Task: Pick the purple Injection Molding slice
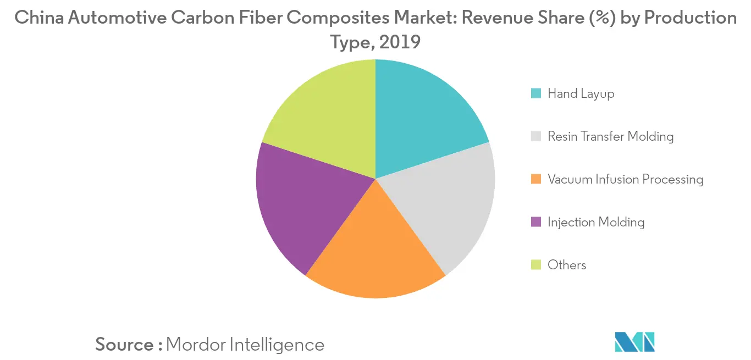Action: point(302,203)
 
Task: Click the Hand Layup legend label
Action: point(581,93)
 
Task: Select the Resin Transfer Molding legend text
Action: point(610,136)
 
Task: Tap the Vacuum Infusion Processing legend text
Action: point(625,179)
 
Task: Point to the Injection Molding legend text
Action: point(595,222)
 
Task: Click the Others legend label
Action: point(567,265)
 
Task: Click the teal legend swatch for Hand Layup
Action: point(535,93)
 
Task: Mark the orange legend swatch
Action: point(535,179)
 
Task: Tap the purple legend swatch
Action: point(535,222)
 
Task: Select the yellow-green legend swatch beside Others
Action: point(535,265)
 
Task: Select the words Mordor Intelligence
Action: point(245,345)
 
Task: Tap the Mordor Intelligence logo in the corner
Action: point(634,342)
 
